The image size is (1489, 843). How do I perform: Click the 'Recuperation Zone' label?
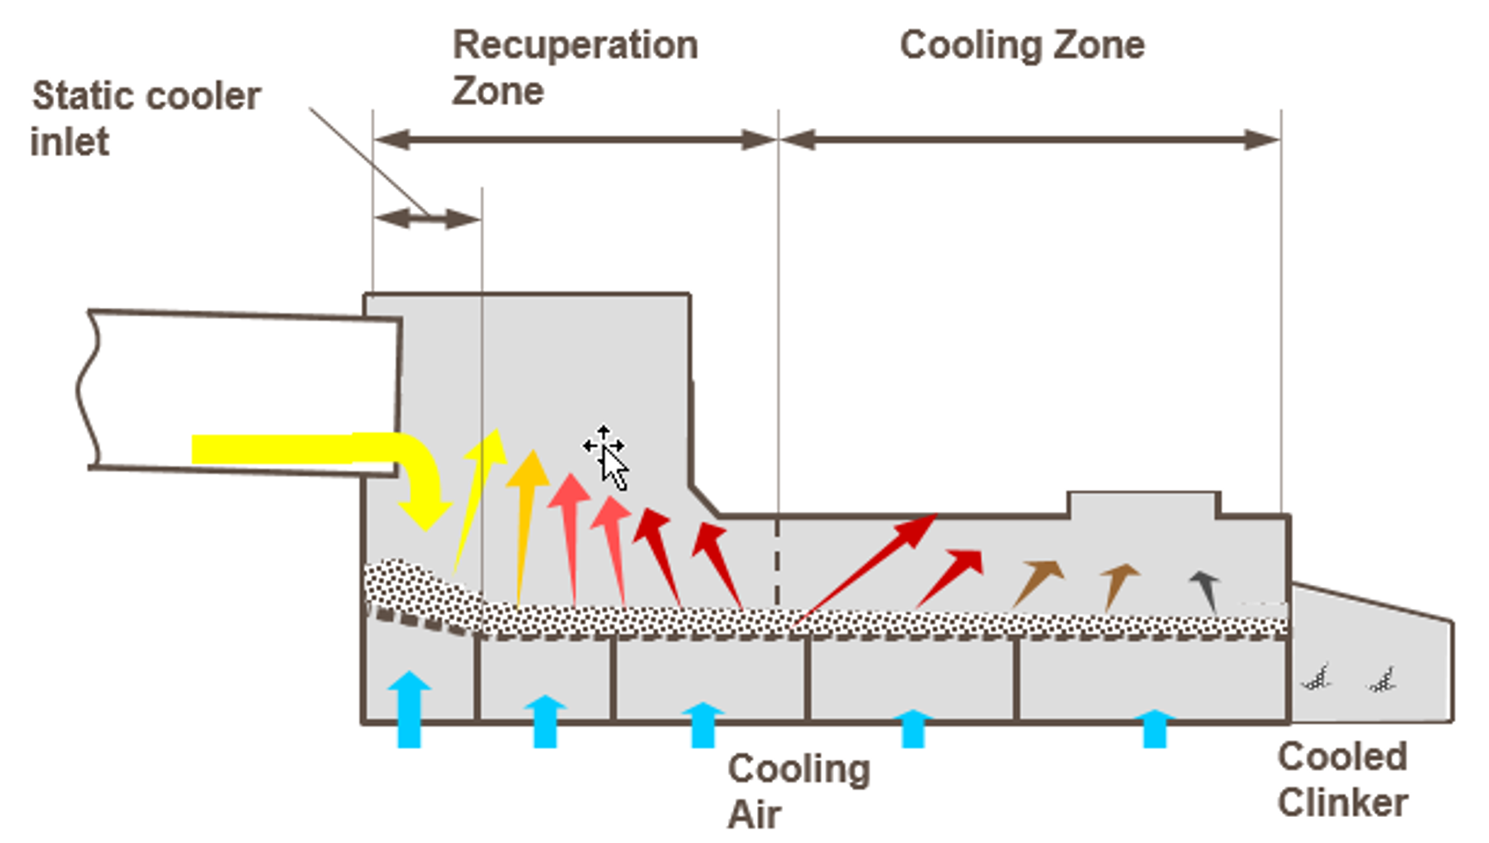(575, 67)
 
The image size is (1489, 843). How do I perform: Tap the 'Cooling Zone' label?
(1023, 45)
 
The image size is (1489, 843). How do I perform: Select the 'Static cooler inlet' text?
(145, 118)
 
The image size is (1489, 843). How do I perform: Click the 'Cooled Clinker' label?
(1342, 779)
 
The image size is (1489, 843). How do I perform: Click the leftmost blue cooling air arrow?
(409, 710)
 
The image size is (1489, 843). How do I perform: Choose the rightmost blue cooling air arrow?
(1155, 728)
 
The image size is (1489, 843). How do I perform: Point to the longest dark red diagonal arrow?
(865, 570)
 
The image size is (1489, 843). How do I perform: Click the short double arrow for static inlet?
(428, 219)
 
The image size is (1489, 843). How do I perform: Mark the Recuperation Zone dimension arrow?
(575, 140)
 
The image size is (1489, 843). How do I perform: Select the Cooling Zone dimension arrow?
(1030, 140)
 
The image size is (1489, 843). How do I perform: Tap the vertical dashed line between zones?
(777, 561)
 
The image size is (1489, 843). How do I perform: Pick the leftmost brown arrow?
(1037, 584)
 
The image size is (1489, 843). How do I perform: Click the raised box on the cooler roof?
(1144, 503)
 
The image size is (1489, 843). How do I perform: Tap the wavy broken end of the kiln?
(87, 391)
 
